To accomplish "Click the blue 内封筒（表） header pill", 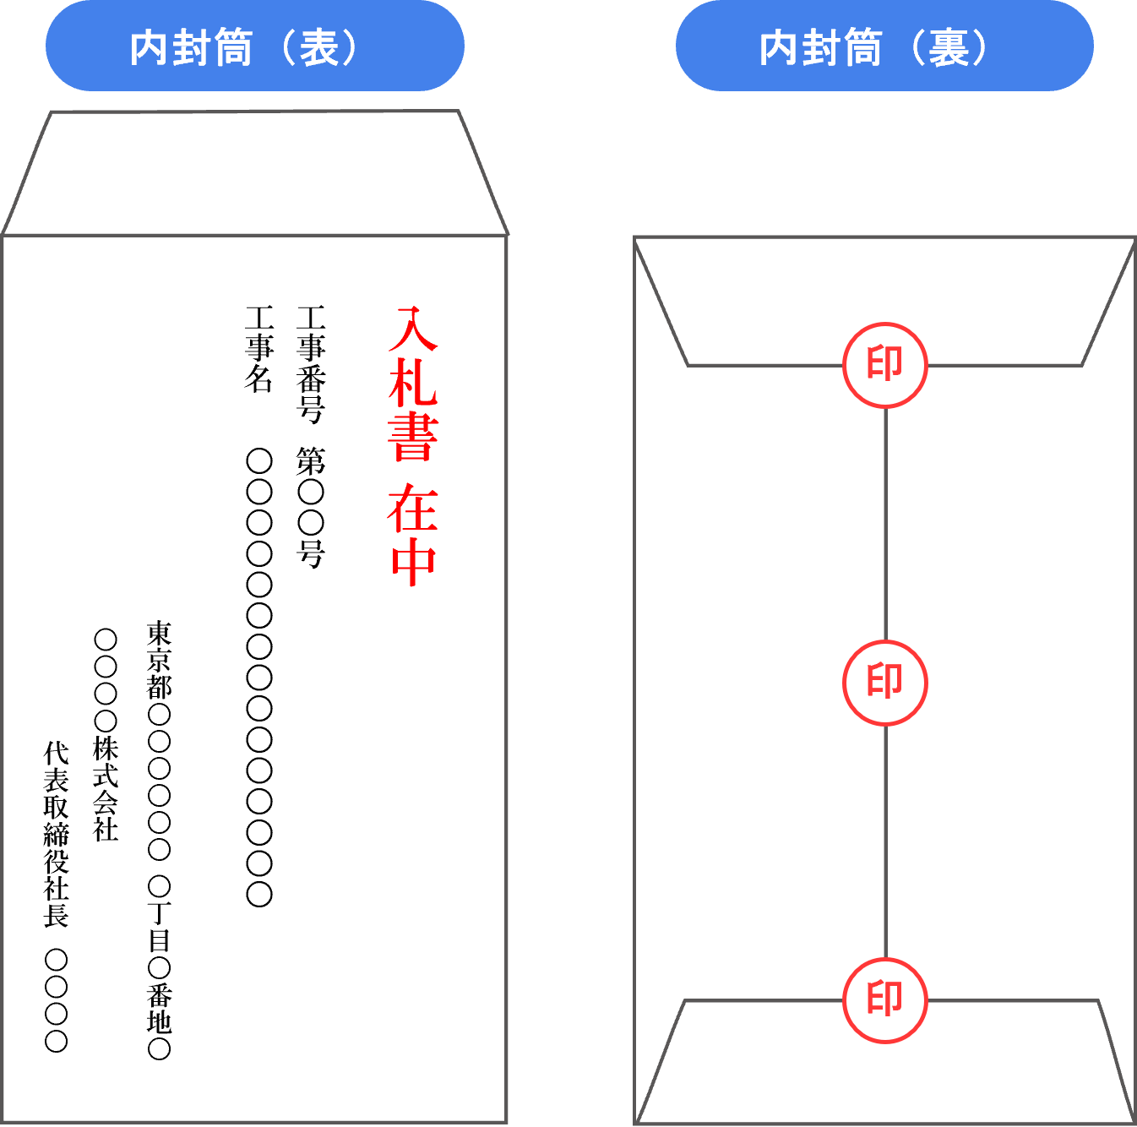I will [x=254, y=46].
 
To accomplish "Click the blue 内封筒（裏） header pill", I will [x=884, y=46].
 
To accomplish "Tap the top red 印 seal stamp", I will [x=885, y=365].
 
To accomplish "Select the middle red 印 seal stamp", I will [x=885, y=683].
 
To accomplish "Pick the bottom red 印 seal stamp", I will [x=885, y=1001].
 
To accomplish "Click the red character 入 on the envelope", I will [x=413, y=329].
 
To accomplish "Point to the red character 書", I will [x=413, y=437].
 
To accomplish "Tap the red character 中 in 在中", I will [x=413, y=561].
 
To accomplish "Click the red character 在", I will [x=413, y=509].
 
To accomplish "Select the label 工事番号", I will [x=311, y=364].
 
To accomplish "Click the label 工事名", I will [x=259, y=349].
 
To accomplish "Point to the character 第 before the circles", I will [x=311, y=461].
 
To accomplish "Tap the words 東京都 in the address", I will [x=159, y=661].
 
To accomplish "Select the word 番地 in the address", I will [x=159, y=1008].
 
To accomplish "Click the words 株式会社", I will [x=106, y=789].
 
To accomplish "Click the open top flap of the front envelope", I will [x=254, y=173].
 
